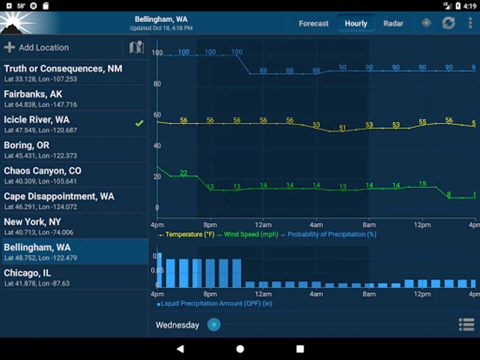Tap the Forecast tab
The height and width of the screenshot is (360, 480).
tap(313, 24)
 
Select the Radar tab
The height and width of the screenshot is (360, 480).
tap(393, 24)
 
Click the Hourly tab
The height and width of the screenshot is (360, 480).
tap(356, 24)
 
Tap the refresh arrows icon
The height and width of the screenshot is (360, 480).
tap(448, 23)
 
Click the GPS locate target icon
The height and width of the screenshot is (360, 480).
tap(426, 23)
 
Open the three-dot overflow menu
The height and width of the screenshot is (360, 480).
tap(470, 23)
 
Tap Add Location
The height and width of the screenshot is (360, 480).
tap(37, 48)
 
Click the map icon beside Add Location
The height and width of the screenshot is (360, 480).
tap(136, 48)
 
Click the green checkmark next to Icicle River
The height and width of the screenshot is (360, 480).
tap(139, 124)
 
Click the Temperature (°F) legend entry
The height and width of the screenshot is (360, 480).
tap(190, 234)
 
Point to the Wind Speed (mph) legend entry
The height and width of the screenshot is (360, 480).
tap(250, 234)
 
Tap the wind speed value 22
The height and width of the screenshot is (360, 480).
tap(184, 173)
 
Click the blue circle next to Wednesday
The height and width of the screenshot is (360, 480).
tap(214, 324)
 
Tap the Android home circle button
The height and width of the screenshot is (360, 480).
tap(240, 349)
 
